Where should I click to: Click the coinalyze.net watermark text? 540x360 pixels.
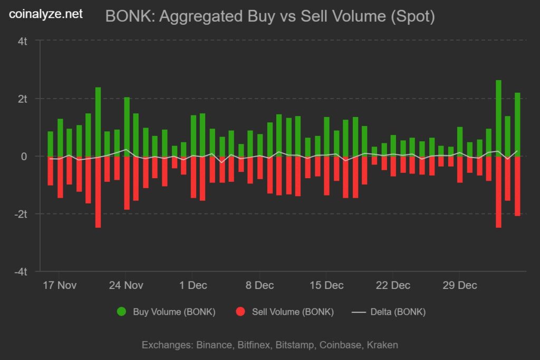(x=46, y=14)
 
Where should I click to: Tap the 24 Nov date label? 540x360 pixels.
(x=126, y=285)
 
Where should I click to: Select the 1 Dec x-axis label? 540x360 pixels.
(x=193, y=285)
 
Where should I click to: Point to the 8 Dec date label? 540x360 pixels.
(x=259, y=285)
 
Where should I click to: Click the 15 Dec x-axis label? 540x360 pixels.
(x=326, y=285)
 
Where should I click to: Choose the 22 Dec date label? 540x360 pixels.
(x=393, y=285)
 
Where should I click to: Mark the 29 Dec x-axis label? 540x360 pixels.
(x=459, y=285)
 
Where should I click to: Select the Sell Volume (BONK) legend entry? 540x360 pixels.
(x=292, y=312)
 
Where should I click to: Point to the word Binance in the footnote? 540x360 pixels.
(x=214, y=345)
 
